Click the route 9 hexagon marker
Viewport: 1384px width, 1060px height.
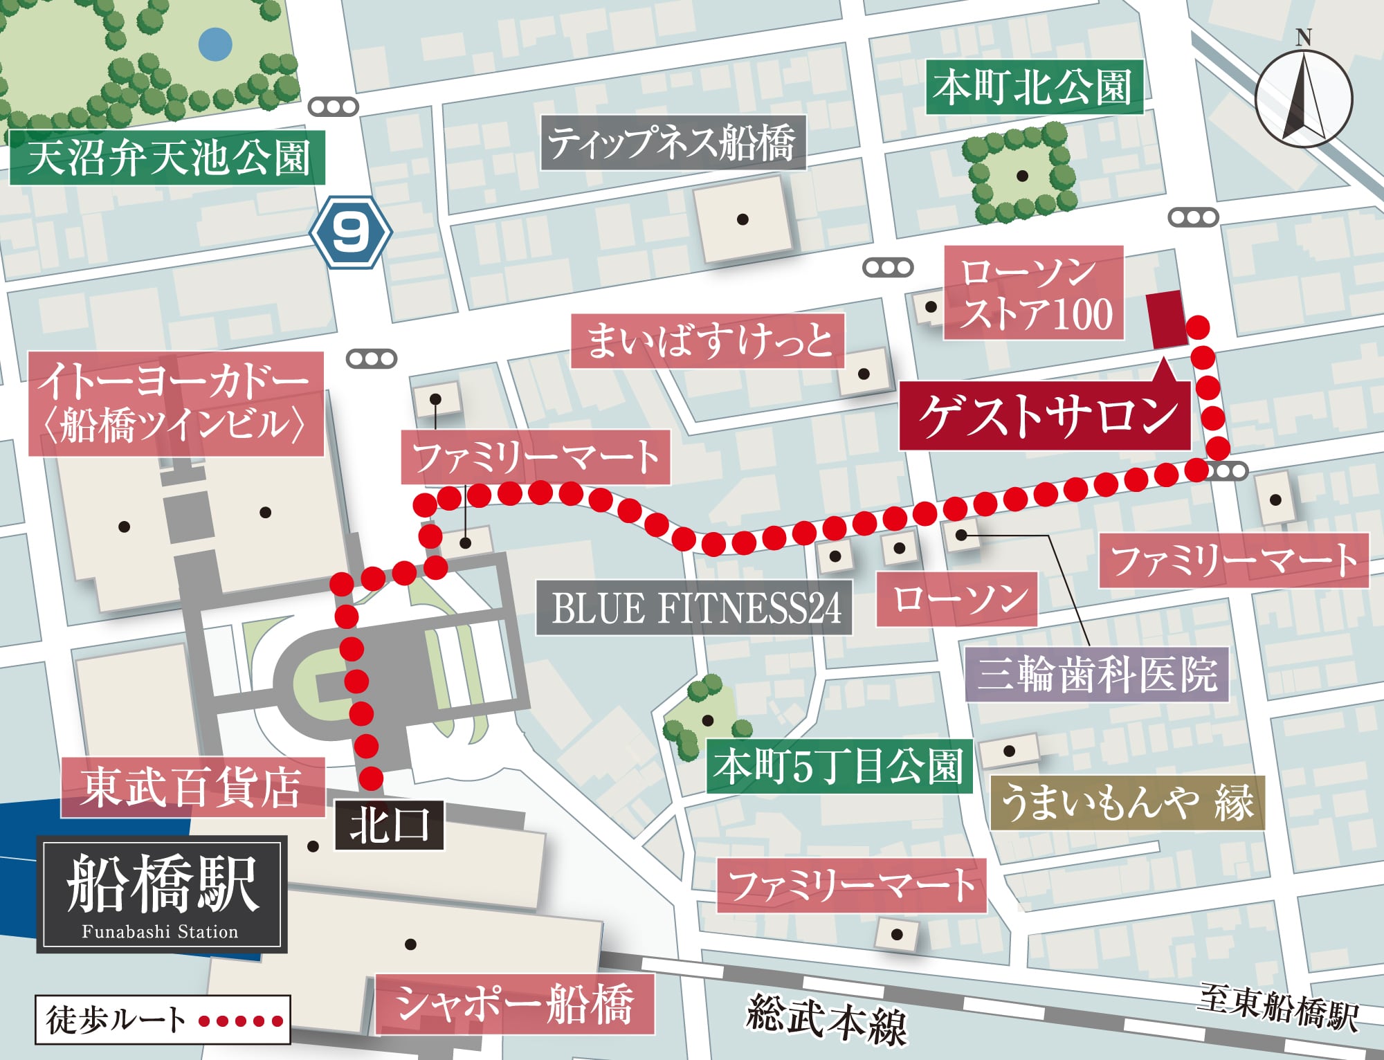pyautogui.click(x=350, y=232)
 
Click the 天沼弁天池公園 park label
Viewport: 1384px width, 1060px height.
pyautogui.click(x=167, y=158)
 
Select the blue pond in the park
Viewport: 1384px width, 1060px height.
pyautogui.click(x=215, y=44)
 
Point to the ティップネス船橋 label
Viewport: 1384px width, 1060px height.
pyautogui.click(x=673, y=143)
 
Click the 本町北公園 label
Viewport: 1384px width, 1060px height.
pyautogui.click(x=1033, y=89)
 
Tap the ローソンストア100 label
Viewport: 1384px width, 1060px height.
pyautogui.click(x=1033, y=293)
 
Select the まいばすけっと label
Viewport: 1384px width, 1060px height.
pyautogui.click(x=707, y=341)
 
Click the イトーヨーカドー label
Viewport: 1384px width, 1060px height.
pyautogui.click(x=176, y=404)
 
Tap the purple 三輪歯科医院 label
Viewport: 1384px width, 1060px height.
pyautogui.click(x=1096, y=674)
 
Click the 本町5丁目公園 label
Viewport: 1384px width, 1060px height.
pyautogui.click(x=839, y=767)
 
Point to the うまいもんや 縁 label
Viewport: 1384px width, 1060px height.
pyautogui.click(x=1127, y=803)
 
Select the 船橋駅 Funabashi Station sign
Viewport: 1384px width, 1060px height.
pyautogui.click(x=162, y=894)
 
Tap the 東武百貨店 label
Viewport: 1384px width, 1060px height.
pyautogui.click(x=192, y=787)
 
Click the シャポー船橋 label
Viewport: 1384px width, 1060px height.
pyautogui.click(x=514, y=1005)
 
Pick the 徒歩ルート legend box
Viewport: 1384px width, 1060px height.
pyautogui.click(x=163, y=1019)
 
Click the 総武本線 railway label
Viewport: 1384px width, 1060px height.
pyautogui.click(x=826, y=1020)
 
